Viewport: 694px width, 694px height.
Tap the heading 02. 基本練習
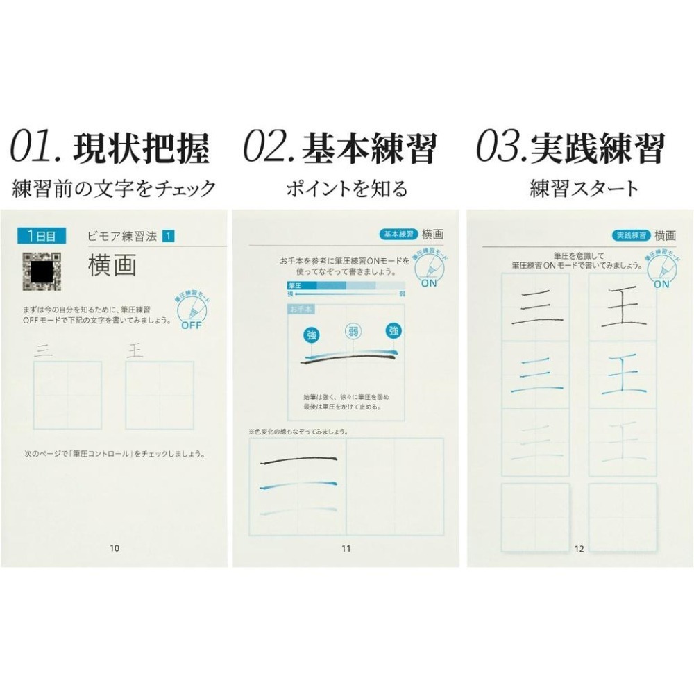340,148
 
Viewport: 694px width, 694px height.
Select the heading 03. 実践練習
570,148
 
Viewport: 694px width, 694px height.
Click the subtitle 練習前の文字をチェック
115,188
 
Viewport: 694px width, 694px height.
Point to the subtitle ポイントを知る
346,188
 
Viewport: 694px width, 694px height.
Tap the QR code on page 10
42,271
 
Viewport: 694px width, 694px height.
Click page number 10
115,548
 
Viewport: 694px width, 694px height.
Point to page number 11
346,549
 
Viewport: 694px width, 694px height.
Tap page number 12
579,550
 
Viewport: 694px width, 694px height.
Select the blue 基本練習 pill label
398,235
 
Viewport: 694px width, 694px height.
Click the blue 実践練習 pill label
631,235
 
